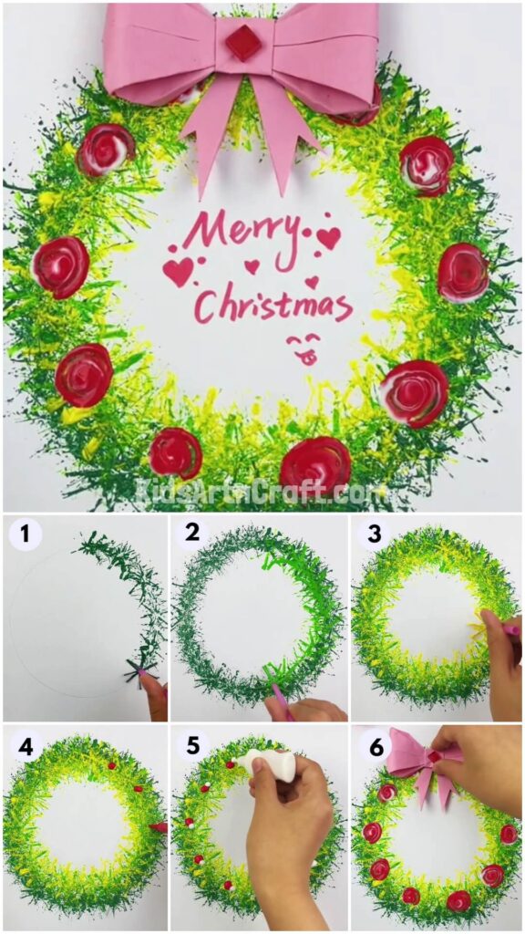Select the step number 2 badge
pos(192,534)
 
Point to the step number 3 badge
pos(372,534)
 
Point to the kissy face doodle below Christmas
pos(304,349)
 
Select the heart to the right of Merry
pos(328,238)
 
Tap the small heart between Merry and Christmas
pos(252,267)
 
